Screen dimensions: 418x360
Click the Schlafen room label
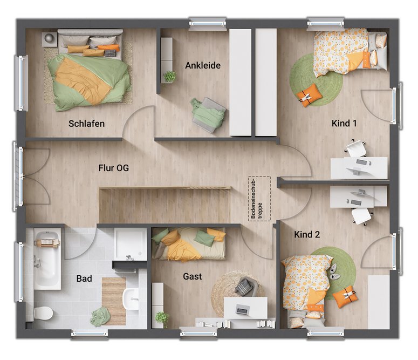86,124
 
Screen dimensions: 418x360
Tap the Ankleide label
203,65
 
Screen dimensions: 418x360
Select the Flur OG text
114,168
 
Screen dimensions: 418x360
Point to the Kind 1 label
344,123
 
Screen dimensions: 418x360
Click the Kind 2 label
307,234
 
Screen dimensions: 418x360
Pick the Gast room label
192,276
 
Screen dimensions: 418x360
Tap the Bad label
84,279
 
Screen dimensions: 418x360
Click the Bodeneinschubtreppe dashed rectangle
259,199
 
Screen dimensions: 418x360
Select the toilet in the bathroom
43,313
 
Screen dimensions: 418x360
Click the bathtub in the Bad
47,260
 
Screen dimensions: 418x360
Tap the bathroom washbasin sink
131,299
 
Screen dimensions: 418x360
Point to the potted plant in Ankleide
169,77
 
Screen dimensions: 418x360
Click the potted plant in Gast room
162,318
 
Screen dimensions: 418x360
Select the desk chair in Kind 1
356,148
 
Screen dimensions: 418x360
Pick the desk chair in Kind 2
361,216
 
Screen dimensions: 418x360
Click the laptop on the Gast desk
242,309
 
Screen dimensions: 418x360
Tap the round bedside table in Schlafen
49,39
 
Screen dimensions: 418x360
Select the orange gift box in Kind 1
309,96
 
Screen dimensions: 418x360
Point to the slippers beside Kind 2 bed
333,272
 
